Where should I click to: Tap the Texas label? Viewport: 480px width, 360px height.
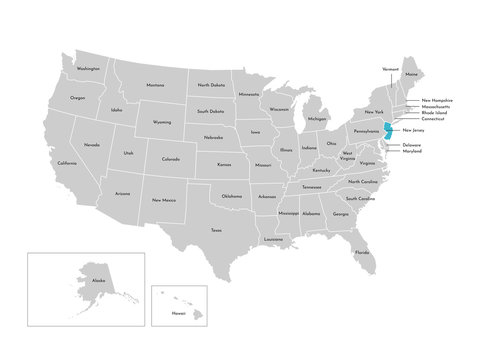(216, 231)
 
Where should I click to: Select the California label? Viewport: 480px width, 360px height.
(67, 163)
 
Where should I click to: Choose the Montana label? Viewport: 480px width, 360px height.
(154, 85)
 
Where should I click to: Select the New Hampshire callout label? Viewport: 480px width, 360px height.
(436, 100)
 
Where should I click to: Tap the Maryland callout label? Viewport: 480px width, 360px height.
(412, 153)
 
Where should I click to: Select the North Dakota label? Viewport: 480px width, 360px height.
(211, 85)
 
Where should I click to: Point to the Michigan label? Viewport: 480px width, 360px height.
(317, 119)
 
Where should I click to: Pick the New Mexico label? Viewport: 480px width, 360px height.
(163, 200)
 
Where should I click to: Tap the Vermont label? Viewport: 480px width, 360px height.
(391, 69)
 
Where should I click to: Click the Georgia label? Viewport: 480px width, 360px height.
(341, 214)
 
